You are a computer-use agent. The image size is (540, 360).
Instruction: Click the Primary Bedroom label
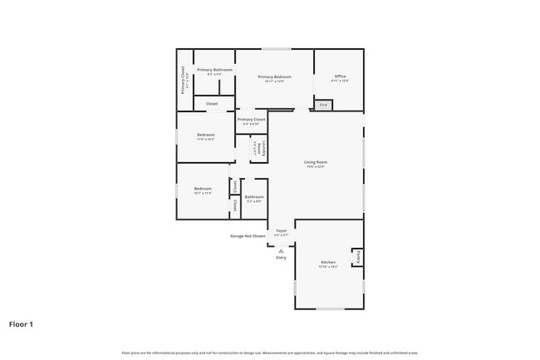click(x=274, y=77)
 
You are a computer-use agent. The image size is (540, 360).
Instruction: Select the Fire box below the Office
click(x=323, y=105)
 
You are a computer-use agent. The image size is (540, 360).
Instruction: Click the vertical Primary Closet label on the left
click(x=184, y=80)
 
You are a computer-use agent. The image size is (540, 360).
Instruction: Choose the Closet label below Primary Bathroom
click(x=212, y=104)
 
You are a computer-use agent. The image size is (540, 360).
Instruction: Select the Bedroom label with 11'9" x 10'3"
click(x=205, y=136)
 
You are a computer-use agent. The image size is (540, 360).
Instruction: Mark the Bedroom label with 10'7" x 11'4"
click(x=203, y=190)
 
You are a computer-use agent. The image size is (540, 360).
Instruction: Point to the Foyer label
click(x=281, y=231)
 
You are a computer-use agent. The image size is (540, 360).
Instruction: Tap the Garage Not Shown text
click(x=248, y=236)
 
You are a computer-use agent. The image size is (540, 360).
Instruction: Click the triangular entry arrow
click(x=281, y=249)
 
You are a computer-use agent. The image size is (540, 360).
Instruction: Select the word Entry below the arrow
click(x=281, y=258)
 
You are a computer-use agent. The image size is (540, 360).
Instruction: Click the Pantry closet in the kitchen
click(x=358, y=258)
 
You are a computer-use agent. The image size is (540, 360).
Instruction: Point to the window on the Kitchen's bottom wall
click(x=330, y=309)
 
